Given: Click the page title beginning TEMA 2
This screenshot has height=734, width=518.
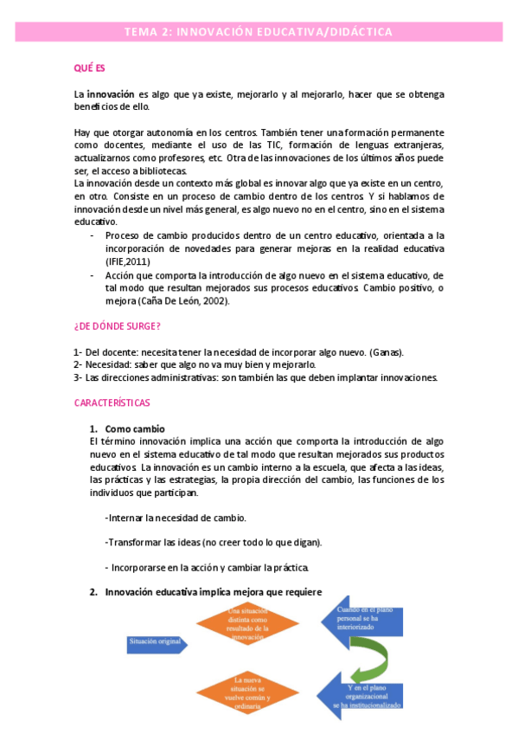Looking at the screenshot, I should coord(259,32).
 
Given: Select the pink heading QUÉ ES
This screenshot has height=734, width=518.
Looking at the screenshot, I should coord(89,67).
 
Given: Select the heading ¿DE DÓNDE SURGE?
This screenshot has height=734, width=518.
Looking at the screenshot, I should coord(117,325).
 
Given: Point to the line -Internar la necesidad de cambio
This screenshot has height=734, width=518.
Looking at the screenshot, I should coord(176,518).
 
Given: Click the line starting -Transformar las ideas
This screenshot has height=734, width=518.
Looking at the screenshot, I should coord(213,543).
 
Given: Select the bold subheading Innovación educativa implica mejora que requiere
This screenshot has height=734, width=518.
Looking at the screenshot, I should coord(214,592).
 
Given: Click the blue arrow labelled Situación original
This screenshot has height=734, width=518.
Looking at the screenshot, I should coord(157,643).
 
